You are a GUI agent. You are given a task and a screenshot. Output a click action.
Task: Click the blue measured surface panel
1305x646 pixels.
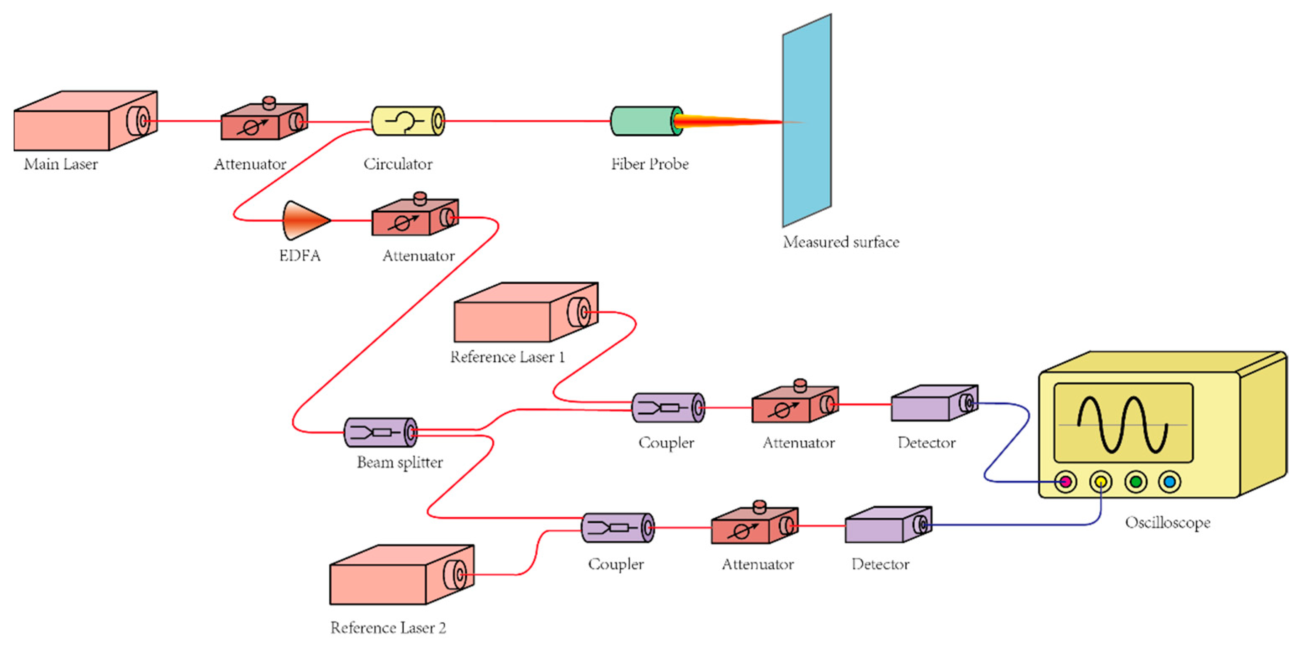(x=806, y=122)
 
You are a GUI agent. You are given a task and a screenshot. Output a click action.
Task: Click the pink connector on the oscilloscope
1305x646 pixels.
(x=1065, y=481)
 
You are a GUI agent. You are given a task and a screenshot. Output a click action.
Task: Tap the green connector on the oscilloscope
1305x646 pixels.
(x=1136, y=481)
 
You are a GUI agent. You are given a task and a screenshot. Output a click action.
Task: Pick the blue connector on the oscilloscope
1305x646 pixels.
(x=1169, y=481)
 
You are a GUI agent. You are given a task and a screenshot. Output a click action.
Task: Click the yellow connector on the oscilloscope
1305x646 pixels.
(x=1101, y=481)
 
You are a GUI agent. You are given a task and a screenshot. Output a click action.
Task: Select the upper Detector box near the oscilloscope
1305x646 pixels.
(x=927, y=405)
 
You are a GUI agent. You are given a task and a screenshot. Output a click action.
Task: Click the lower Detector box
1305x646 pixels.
(x=882, y=527)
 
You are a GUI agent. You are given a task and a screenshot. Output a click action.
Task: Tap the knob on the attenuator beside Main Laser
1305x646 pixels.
(x=269, y=102)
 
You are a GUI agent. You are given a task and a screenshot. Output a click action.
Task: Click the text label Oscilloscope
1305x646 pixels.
(x=1167, y=522)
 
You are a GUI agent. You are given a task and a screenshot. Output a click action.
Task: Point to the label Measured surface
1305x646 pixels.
(x=841, y=242)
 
